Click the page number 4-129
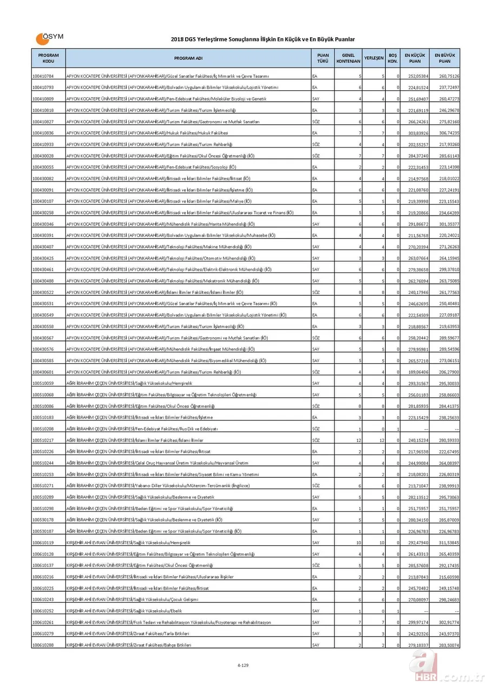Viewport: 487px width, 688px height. [243, 665]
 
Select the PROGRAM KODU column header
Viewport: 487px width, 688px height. [48, 58]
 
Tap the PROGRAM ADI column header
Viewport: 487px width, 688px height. [188, 58]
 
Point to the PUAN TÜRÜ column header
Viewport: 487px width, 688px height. [323, 58]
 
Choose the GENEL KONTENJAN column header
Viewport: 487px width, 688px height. [348, 58]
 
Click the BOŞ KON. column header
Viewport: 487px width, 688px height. [393, 58]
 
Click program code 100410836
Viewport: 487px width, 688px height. [43, 133]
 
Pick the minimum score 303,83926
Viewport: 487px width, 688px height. [418, 133]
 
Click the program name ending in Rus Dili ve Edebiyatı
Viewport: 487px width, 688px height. [142, 429]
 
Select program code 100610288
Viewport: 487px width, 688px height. [43, 645]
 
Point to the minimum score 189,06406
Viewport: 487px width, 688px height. [418, 372]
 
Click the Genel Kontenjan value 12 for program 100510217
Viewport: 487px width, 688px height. [358, 440]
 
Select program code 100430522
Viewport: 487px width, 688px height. [43, 292]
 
